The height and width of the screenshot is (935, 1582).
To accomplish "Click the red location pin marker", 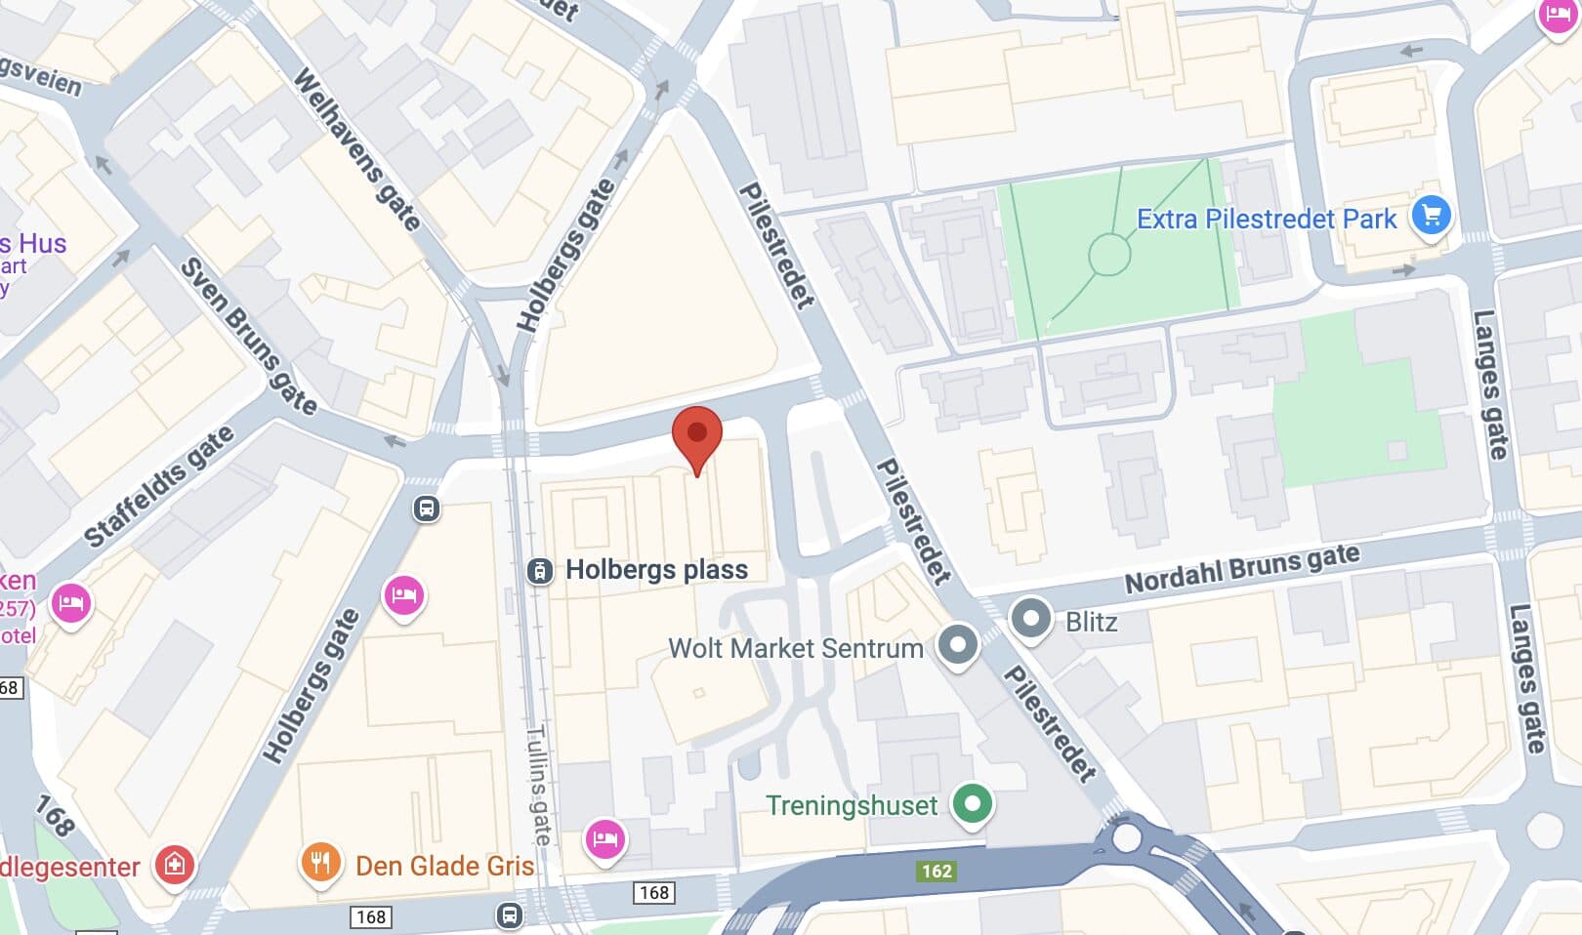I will (x=697, y=435).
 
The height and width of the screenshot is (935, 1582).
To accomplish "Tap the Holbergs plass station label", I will (x=656, y=570).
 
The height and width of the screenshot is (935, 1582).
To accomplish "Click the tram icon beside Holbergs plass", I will (x=539, y=571).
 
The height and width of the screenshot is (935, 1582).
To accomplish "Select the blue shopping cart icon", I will (x=1432, y=216).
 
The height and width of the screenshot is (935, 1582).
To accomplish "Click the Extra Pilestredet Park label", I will (x=1267, y=219).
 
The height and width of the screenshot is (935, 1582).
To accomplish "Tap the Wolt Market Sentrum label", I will (x=795, y=648).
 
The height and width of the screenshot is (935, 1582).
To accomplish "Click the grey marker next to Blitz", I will (x=1030, y=619).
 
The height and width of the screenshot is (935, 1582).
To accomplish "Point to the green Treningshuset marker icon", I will (x=972, y=804).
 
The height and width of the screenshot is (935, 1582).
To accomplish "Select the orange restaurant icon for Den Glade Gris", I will (x=320, y=863).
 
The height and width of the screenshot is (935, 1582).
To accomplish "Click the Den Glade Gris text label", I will (x=444, y=866).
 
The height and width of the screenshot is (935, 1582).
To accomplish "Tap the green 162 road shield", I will (x=936, y=871).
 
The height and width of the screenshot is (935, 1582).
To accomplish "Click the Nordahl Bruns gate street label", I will (x=1241, y=568).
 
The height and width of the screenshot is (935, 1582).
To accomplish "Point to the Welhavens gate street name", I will (x=356, y=148).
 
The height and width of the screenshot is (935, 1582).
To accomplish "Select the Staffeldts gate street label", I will (x=159, y=487).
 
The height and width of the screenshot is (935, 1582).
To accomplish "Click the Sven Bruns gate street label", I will (x=248, y=336).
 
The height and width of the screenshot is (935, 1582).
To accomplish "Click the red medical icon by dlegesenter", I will (x=174, y=864).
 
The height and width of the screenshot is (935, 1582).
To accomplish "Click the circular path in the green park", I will (x=1109, y=256).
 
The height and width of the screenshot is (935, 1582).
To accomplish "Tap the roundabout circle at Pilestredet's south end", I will (x=1126, y=836).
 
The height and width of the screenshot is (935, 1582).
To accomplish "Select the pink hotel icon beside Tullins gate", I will (x=604, y=838).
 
